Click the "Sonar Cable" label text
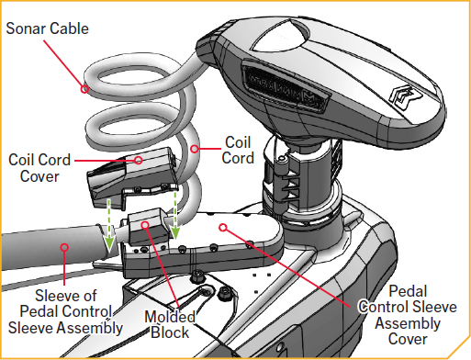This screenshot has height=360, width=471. [x=48, y=28]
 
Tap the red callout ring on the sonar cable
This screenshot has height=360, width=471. [x=84, y=89]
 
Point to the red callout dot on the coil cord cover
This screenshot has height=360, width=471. [x=139, y=159]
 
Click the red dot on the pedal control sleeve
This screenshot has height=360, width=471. [x=63, y=245]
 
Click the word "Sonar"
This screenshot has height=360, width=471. [x=26, y=28]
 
